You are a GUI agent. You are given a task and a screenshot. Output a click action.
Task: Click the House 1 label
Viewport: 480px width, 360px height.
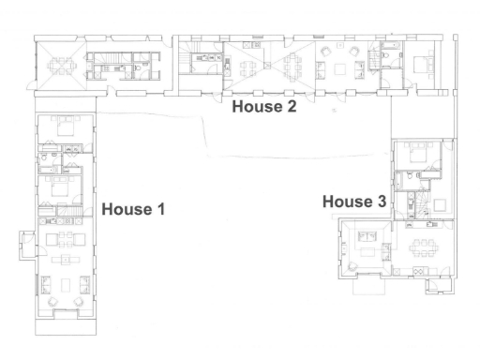[x=133, y=209]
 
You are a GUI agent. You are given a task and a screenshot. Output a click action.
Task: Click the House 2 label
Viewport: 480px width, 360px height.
[x=265, y=107]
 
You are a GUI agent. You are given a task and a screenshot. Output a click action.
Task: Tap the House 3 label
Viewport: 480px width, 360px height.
[x=354, y=202]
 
